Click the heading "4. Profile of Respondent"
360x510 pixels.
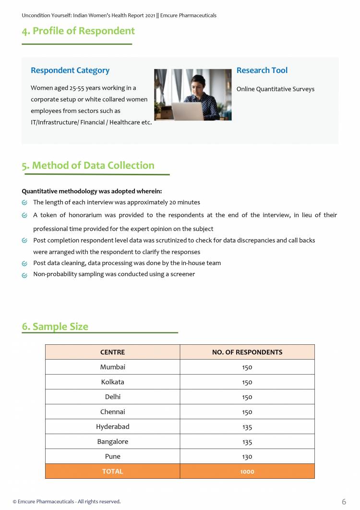(78, 31)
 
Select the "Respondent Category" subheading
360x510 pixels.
(70, 71)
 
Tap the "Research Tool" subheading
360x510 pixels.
(262, 71)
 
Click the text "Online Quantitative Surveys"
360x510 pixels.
(275, 89)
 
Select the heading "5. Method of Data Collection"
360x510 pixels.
(88, 166)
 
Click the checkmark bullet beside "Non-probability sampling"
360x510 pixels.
(24, 275)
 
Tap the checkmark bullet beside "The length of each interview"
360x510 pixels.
(24, 203)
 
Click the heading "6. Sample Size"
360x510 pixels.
(55, 327)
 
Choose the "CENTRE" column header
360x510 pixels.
(112, 352)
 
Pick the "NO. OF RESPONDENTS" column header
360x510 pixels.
(247, 352)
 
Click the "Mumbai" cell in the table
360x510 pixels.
(112, 367)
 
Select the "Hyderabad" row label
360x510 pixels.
(112, 426)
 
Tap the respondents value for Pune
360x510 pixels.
(247, 457)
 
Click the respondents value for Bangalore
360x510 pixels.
(247, 442)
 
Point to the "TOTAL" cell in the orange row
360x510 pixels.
(112, 471)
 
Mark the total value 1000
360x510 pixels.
(247, 472)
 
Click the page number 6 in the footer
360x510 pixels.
(344, 502)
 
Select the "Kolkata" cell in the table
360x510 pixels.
(112, 382)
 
